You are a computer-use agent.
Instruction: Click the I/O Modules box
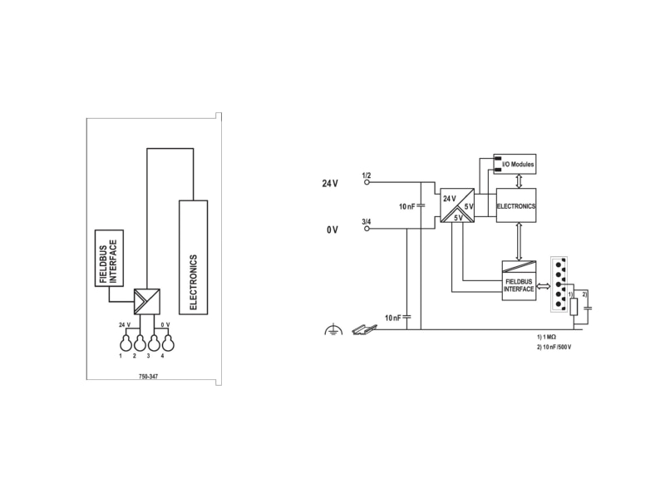coord(515,164)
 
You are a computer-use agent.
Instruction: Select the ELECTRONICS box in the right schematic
coord(516,205)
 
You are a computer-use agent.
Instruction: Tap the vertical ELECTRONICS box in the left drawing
coord(194,257)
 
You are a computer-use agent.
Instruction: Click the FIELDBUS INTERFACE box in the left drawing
coord(109,258)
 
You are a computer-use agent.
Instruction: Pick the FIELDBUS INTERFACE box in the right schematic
coord(519,280)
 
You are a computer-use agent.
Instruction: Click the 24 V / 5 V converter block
coord(457,205)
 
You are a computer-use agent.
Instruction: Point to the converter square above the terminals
coord(147,302)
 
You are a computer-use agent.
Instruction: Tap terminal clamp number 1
coord(125,343)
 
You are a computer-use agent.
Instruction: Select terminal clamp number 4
coord(169,343)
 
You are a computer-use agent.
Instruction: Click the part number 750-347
coord(148,377)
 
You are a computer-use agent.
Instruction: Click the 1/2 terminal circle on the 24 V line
coord(367,182)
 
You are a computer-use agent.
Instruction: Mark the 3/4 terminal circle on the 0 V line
coord(367,229)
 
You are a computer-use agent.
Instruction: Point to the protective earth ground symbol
coord(333,329)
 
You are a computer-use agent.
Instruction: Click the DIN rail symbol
coord(365,329)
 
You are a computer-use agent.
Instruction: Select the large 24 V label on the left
coord(330,183)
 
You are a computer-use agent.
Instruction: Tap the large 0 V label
coord(332,230)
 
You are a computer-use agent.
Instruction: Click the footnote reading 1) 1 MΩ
coord(546,337)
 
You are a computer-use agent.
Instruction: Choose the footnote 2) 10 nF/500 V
coord(554,347)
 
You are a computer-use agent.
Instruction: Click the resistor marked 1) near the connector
coord(574,307)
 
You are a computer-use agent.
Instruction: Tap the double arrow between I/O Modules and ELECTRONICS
coord(518,181)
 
